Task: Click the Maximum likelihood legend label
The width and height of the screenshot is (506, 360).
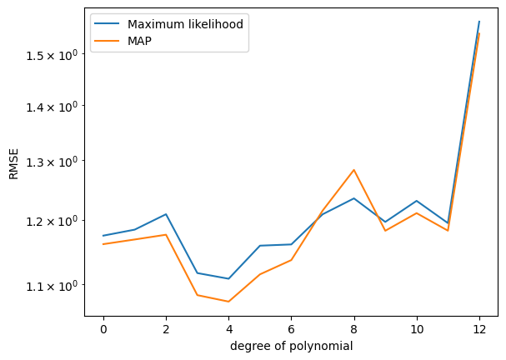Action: (185, 24)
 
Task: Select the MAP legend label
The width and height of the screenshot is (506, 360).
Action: (139, 41)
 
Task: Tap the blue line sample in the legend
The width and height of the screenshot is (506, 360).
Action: (107, 23)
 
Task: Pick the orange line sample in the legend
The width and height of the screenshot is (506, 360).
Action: (107, 41)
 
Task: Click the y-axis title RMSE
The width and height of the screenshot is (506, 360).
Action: (13, 164)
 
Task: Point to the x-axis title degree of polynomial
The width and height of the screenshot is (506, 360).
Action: (292, 346)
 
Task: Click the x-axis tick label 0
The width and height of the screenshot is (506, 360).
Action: (103, 330)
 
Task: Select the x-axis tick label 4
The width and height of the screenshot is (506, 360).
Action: (228, 330)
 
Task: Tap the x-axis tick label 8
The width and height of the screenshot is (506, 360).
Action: (354, 330)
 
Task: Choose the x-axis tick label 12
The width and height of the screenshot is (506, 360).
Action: (479, 330)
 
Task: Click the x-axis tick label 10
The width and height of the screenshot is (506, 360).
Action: (417, 330)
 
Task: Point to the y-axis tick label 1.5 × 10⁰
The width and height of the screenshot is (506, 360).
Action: (52, 54)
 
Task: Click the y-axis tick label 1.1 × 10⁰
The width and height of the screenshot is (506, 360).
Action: (52, 285)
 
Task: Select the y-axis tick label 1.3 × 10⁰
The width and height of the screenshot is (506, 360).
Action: (52, 162)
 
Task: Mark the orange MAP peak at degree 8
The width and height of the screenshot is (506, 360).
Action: (354, 170)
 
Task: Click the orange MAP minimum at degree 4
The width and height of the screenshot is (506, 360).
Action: (228, 302)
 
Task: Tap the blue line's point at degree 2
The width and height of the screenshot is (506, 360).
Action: (166, 214)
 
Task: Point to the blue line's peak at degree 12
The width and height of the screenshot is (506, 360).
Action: (479, 22)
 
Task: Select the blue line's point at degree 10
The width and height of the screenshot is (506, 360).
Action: (417, 201)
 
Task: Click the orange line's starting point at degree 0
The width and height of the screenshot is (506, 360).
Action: (103, 244)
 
